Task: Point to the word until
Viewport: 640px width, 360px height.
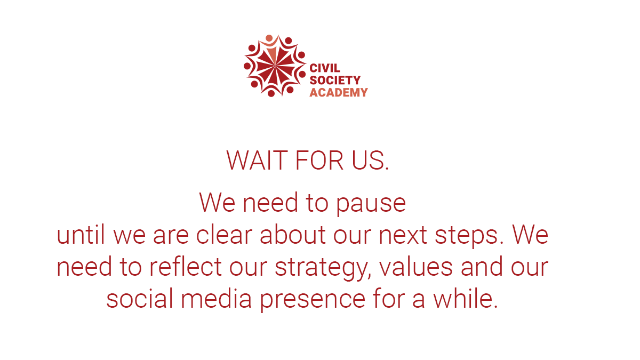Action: pos(82,235)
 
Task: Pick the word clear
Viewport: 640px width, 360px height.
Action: pos(225,235)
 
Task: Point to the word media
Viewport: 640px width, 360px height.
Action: pos(216,299)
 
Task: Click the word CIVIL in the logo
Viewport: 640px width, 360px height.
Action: pos(325,69)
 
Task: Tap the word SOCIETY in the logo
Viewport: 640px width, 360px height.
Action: pos(335,81)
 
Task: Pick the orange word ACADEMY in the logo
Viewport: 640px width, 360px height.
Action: pos(339,92)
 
